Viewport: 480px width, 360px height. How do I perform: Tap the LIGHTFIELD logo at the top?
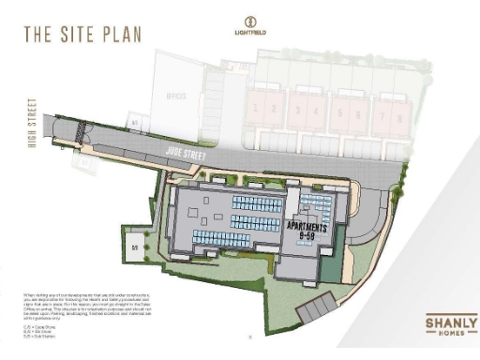tap(248, 26)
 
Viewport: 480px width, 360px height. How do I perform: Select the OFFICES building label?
tap(176, 95)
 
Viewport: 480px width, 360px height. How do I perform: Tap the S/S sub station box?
tap(134, 247)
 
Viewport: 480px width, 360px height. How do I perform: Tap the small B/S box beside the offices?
tap(134, 123)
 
